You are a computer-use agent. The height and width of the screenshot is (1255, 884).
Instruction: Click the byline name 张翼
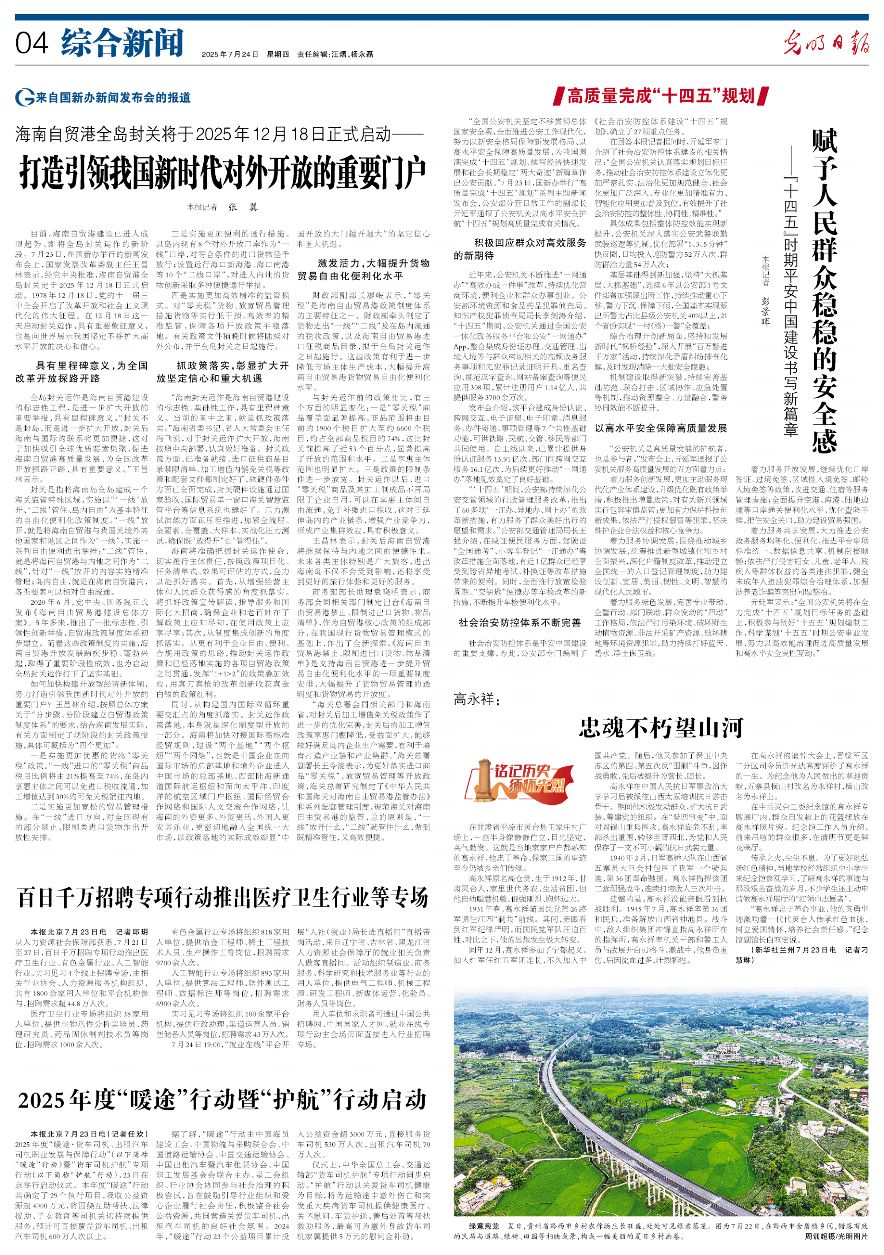pos(243,207)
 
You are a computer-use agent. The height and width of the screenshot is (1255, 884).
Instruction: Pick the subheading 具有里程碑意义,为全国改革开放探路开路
pos(81,372)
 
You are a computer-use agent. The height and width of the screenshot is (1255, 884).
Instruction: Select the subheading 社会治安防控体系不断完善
pos(519,622)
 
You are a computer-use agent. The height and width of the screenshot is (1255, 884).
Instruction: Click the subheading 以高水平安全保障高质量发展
pos(661,428)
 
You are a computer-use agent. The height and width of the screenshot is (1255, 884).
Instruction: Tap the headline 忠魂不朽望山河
pos(661,728)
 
